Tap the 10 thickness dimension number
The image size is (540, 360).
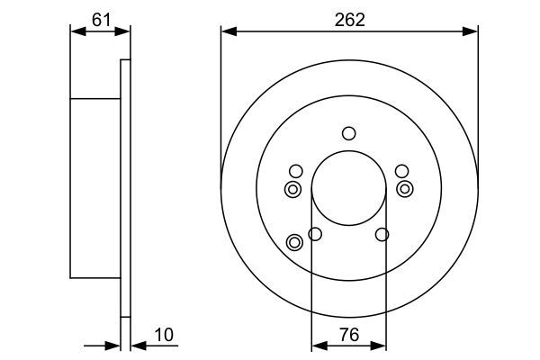pyautogui.click(x=163, y=335)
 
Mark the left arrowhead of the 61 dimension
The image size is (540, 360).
pyautogui.click(x=76, y=31)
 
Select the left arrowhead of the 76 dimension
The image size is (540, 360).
pyautogui.click(x=318, y=345)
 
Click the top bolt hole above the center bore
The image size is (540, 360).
pyautogui.click(x=348, y=134)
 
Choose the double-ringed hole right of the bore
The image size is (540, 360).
pyautogui.click(x=405, y=188)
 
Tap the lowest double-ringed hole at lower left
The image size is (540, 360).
pyautogui.click(x=293, y=241)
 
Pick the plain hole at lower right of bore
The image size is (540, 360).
pyautogui.click(x=382, y=235)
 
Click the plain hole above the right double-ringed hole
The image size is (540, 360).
pyautogui.click(x=401, y=171)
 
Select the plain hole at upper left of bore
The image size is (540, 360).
pyautogui.click(x=295, y=171)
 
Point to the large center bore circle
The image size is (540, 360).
pyautogui.click(x=348, y=188)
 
